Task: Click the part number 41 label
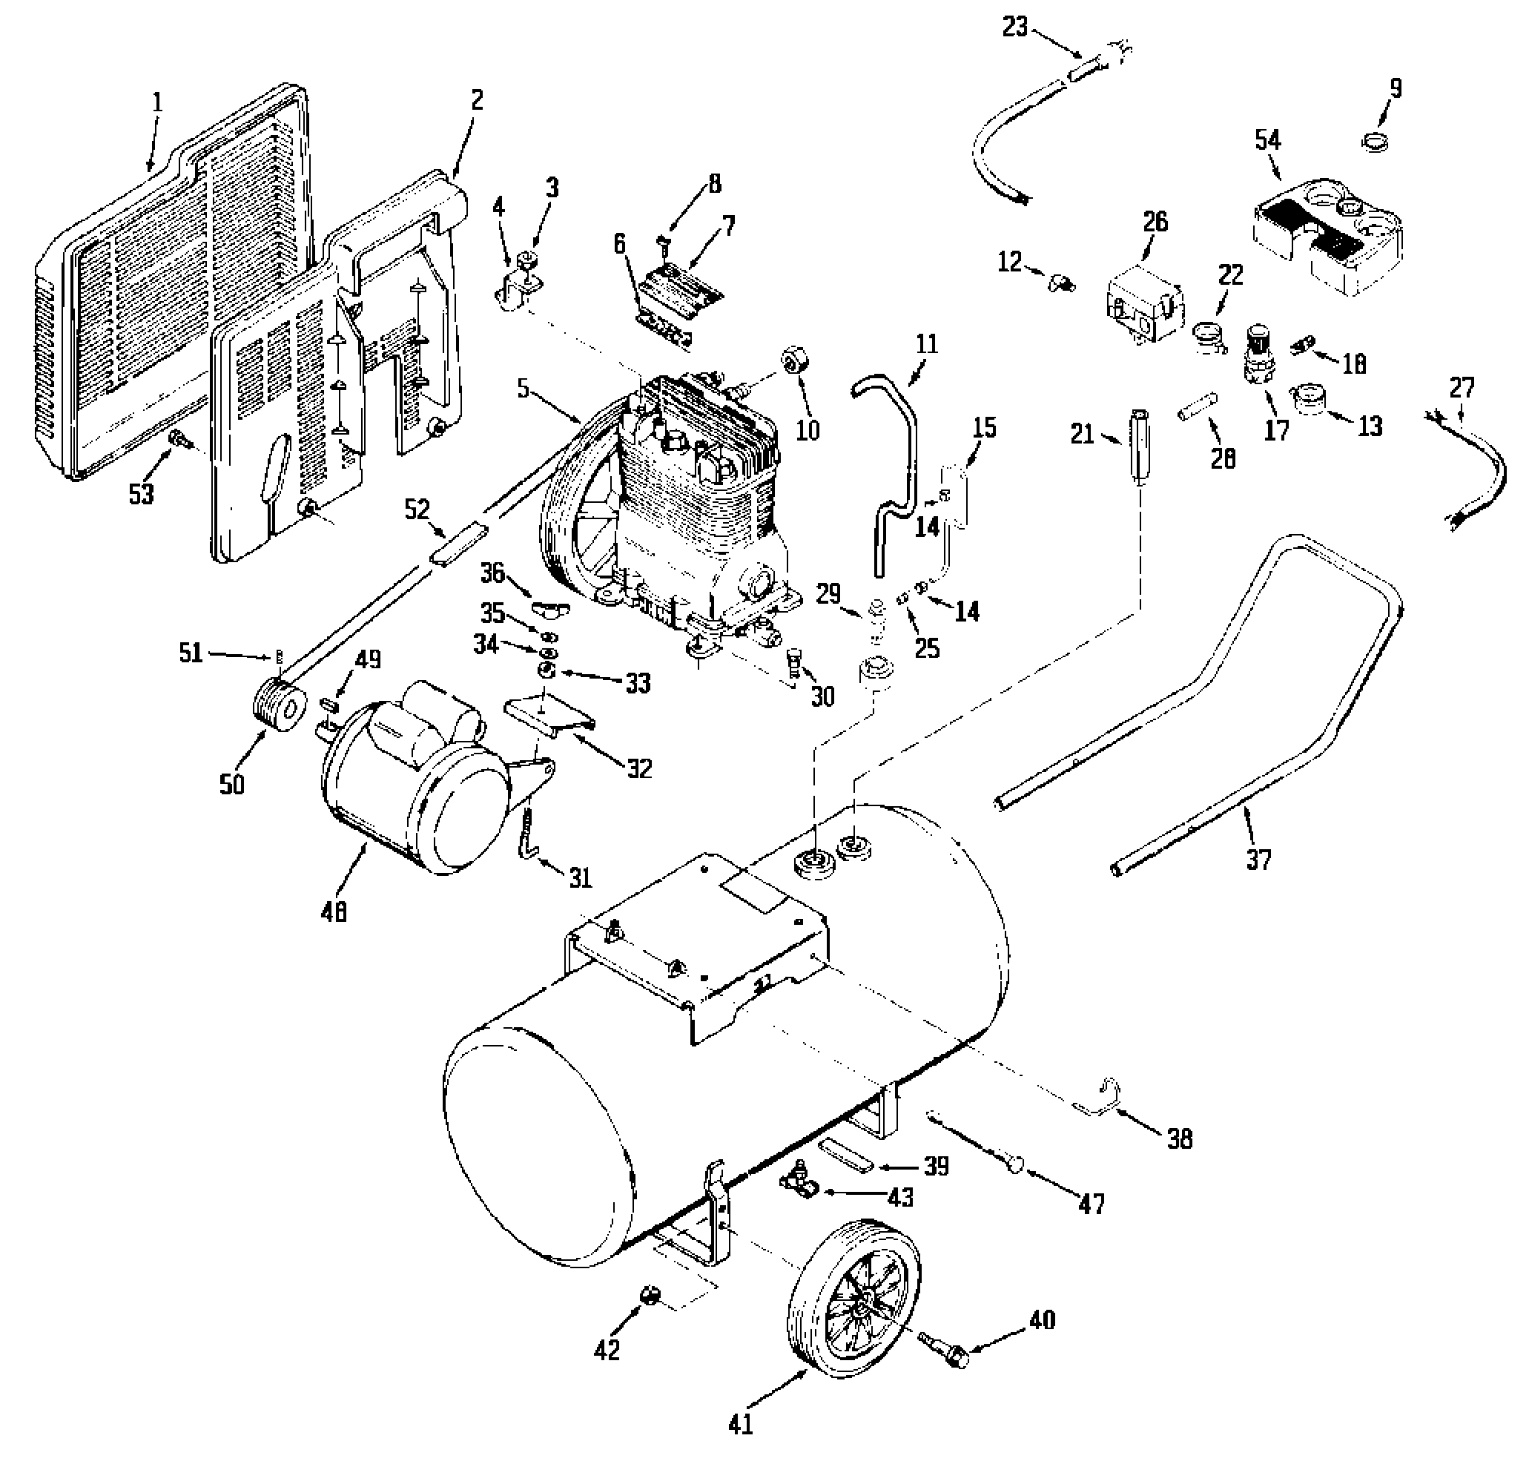click(740, 1424)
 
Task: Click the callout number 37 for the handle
click(1258, 859)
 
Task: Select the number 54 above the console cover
click(1268, 140)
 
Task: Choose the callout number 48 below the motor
click(334, 911)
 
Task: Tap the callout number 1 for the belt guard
click(158, 102)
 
